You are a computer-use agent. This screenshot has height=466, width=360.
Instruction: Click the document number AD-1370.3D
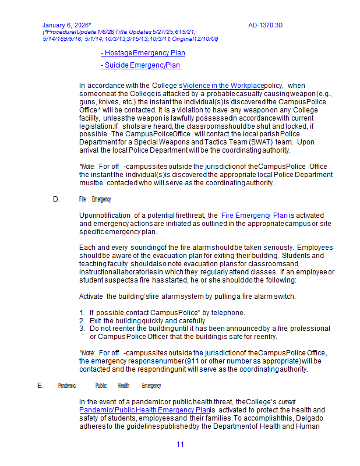pos(265,25)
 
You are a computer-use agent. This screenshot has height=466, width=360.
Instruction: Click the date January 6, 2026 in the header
pos(66,25)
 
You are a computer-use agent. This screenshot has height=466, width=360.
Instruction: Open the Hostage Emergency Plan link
pos(143,53)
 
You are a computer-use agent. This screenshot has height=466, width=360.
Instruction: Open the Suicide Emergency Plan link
pos(140,65)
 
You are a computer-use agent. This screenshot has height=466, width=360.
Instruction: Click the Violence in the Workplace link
pos(223,86)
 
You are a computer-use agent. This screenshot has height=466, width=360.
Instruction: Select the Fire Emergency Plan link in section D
pos(255,216)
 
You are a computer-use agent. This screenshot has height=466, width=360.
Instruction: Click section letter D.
pos(57,199)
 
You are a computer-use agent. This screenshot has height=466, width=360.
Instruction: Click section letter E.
pos(40,386)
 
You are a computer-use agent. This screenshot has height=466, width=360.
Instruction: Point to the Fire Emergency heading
pos(95,199)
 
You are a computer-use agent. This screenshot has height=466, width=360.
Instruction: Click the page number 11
pos(180,444)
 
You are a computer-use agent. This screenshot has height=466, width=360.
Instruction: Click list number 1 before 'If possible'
pos(82,313)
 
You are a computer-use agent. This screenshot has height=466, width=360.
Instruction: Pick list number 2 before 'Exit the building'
pos(82,321)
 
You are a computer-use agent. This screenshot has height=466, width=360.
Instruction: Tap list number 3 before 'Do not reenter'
pos(82,329)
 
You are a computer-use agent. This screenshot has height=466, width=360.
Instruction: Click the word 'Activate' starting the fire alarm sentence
pos(91,296)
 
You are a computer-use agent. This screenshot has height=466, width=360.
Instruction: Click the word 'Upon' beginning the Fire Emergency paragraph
pos(87,216)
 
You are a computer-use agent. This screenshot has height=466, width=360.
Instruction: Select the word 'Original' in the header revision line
pos(184,38)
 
